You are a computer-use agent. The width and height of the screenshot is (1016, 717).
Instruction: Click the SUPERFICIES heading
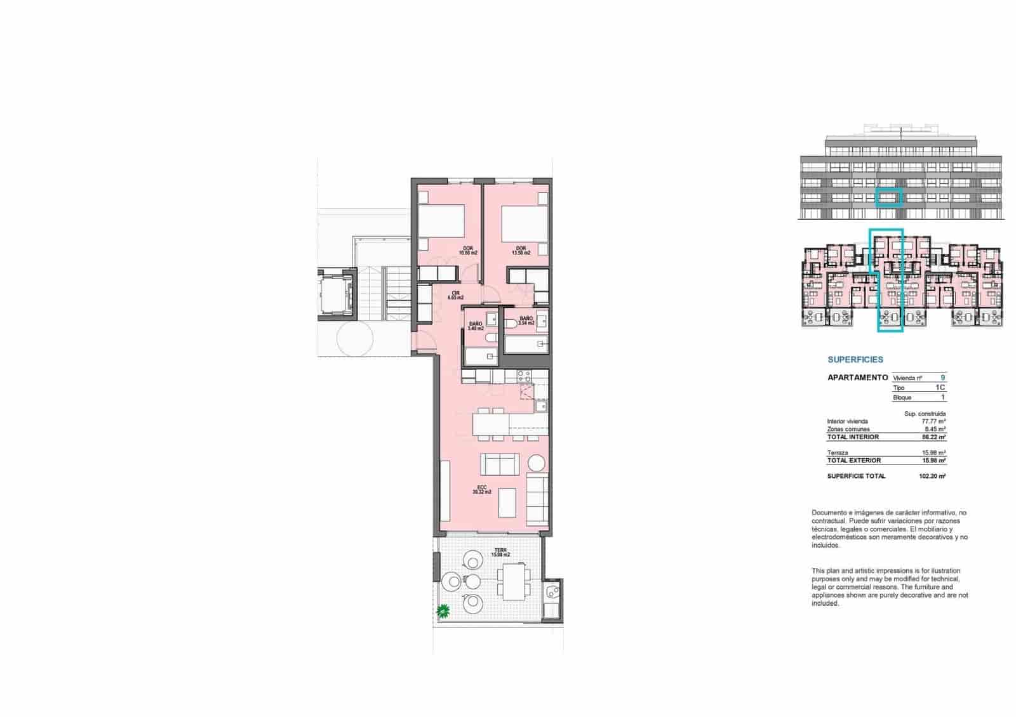[x=855, y=360]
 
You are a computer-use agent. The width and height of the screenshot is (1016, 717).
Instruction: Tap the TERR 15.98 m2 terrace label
[x=500, y=552]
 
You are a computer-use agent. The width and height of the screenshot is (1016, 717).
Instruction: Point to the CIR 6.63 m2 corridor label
[x=455, y=295]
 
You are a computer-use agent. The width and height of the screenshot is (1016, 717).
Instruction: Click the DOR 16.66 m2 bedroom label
[x=468, y=250]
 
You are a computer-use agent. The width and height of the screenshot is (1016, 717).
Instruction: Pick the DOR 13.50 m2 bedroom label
[x=521, y=250]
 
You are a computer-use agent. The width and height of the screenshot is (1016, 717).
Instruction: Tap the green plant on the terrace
[x=443, y=611]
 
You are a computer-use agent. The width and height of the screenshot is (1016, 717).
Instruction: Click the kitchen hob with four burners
[x=524, y=376]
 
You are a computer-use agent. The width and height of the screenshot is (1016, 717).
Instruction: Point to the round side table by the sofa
[x=537, y=464]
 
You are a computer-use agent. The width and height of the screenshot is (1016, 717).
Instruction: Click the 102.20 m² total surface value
[x=934, y=477]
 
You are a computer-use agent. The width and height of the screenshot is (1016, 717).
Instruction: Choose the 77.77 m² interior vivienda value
[x=933, y=421]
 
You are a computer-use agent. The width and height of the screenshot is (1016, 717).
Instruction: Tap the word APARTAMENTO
[x=857, y=378]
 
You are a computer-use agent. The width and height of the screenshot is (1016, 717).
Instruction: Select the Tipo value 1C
[x=940, y=388]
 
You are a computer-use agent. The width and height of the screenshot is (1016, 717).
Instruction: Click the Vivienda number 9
[x=943, y=378]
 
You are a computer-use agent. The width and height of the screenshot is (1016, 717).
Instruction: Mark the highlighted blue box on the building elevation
[x=888, y=198]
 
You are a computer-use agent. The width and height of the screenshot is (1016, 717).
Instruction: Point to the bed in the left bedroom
[x=441, y=222]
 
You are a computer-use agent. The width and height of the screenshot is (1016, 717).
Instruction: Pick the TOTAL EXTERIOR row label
[x=854, y=461]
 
